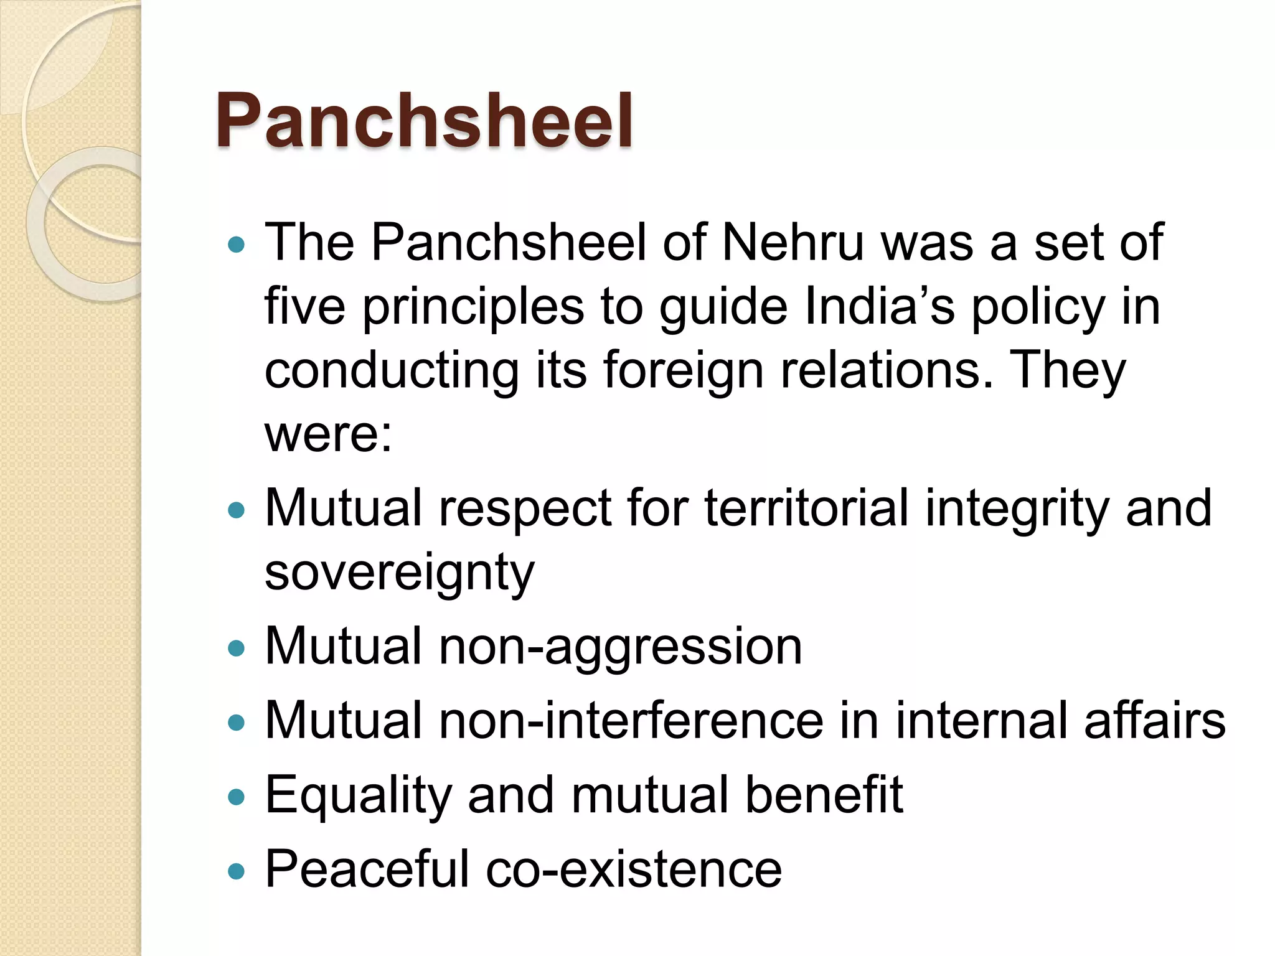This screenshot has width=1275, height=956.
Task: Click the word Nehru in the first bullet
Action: click(793, 242)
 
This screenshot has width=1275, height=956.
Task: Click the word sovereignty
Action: click(399, 573)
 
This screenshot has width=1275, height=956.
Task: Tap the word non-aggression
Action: click(621, 646)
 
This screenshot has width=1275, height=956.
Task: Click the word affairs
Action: click(1155, 720)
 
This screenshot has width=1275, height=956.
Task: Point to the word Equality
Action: click(358, 795)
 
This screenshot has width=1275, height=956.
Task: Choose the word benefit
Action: click(824, 794)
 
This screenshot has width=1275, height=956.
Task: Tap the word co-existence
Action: click(633, 869)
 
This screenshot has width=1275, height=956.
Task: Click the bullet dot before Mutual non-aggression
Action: click(237, 649)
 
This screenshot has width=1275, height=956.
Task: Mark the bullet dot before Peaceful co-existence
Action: click(237, 871)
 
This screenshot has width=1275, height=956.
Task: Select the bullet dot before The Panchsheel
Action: click(237, 244)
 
